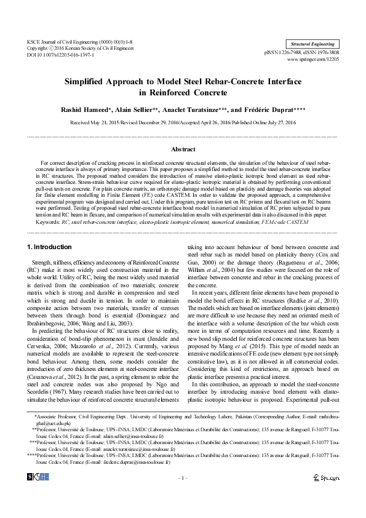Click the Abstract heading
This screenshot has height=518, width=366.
pos(183,149)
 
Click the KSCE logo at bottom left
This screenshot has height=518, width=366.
pos(38,494)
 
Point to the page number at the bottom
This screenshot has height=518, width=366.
pos(183,495)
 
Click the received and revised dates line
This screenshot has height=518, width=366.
pos(183,123)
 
